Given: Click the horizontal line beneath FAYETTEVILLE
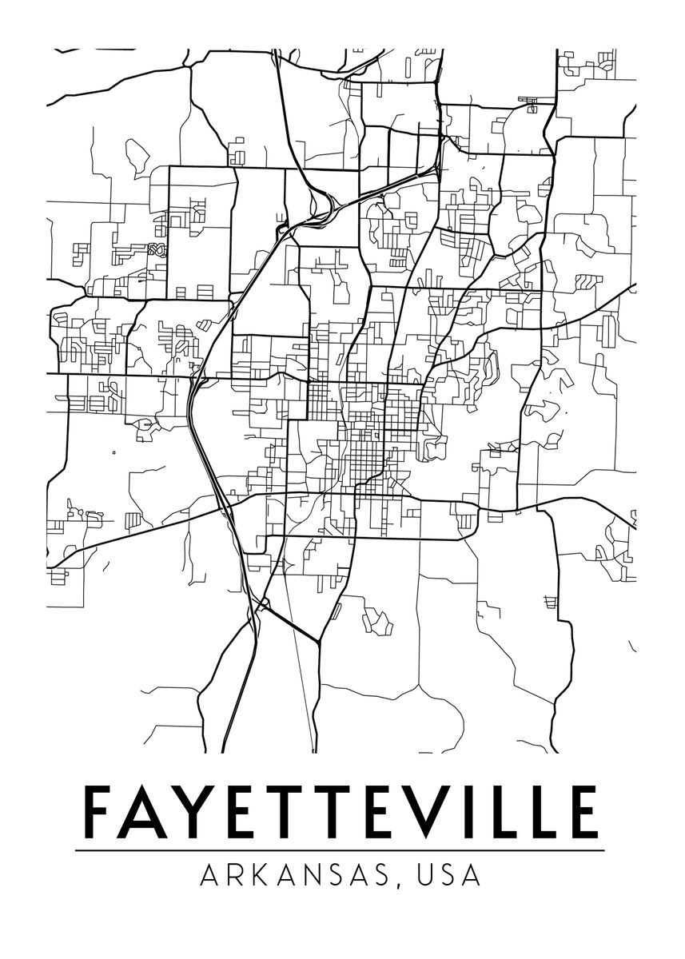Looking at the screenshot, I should tap(340, 850).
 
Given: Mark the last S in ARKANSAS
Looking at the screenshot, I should tap(387, 876).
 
